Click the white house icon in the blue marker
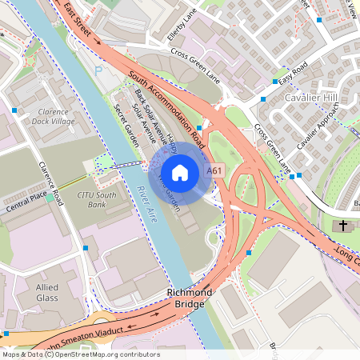pyautogui.click(x=180, y=172)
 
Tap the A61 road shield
pyautogui.click(x=214, y=171)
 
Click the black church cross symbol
pyautogui.click(x=344, y=226)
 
